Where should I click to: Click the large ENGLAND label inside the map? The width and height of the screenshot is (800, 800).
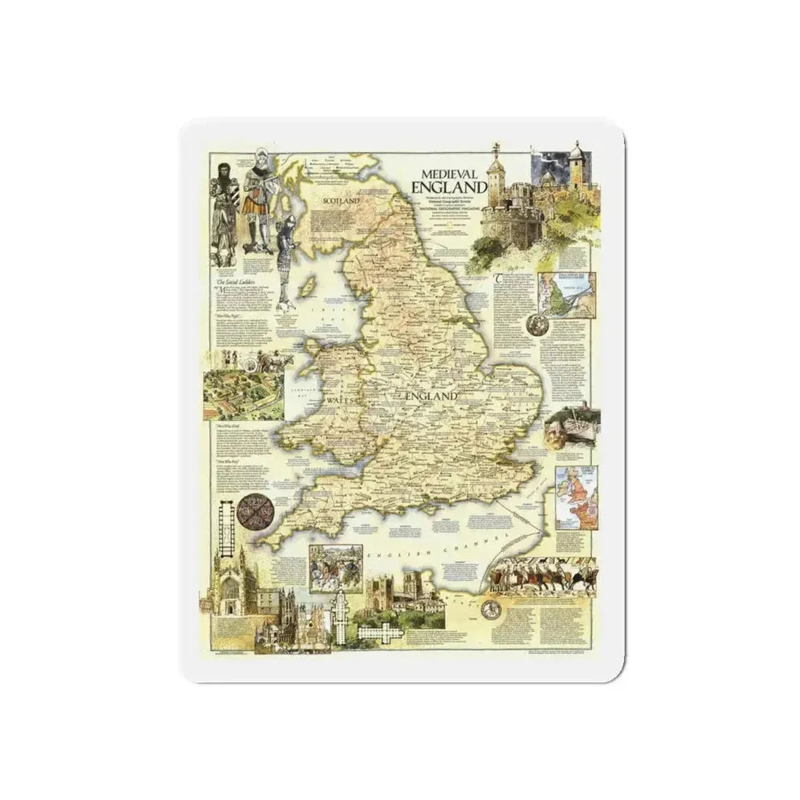pos(428,396)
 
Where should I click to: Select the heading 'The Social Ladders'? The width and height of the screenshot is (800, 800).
pos(234,281)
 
